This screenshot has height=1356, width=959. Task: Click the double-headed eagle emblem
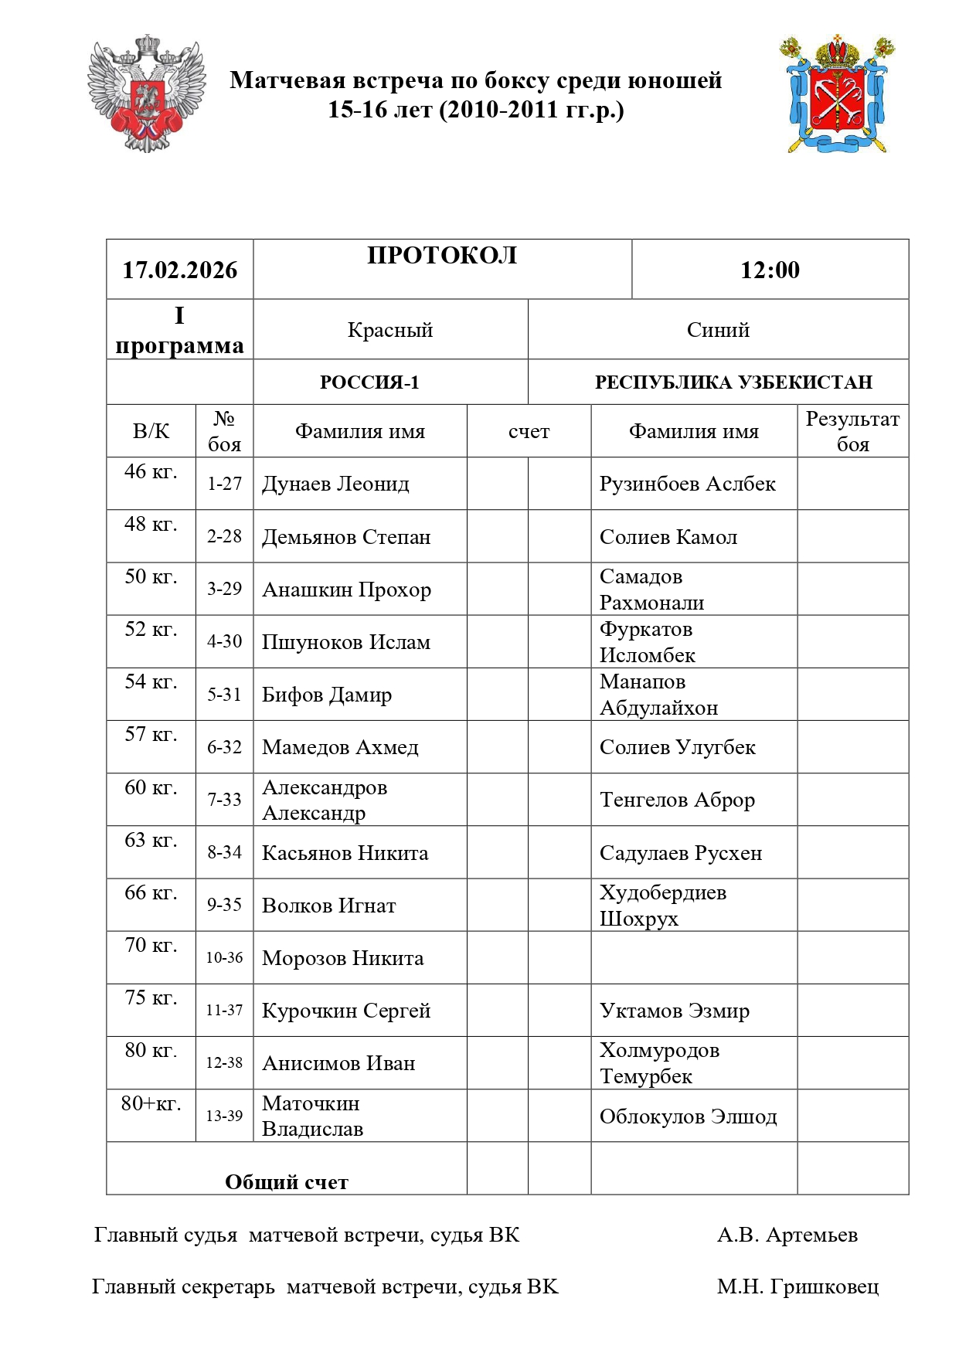click(146, 93)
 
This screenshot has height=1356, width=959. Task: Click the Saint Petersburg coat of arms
click(838, 94)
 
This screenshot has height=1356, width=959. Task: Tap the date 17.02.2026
click(180, 270)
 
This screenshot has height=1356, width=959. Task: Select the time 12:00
click(770, 270)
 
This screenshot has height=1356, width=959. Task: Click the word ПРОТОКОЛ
click(442, 256)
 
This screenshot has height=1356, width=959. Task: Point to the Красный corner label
click(390, 330)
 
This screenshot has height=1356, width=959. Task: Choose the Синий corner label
click(718, 330)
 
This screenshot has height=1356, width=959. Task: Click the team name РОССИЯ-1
click(369, 382)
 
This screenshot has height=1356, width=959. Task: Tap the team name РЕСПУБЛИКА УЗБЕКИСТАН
click(733, 382)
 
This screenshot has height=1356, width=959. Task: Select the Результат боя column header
click(852, 431)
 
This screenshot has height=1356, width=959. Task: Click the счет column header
click(529, 432)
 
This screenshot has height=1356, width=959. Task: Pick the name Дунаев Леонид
click(335, 484)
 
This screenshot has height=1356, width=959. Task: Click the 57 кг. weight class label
click(151, 734)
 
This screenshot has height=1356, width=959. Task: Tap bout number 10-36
click(224, 958)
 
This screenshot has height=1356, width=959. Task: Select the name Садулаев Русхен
click(681, 853)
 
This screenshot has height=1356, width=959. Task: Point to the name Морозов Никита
click(342, 959)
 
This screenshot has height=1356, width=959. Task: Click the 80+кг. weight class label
click(151, 1103)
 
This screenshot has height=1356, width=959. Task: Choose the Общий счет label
click(287, 1182)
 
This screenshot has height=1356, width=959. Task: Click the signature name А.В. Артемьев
click(787, 1235)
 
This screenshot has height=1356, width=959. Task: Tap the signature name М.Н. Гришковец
click(797, 1287)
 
